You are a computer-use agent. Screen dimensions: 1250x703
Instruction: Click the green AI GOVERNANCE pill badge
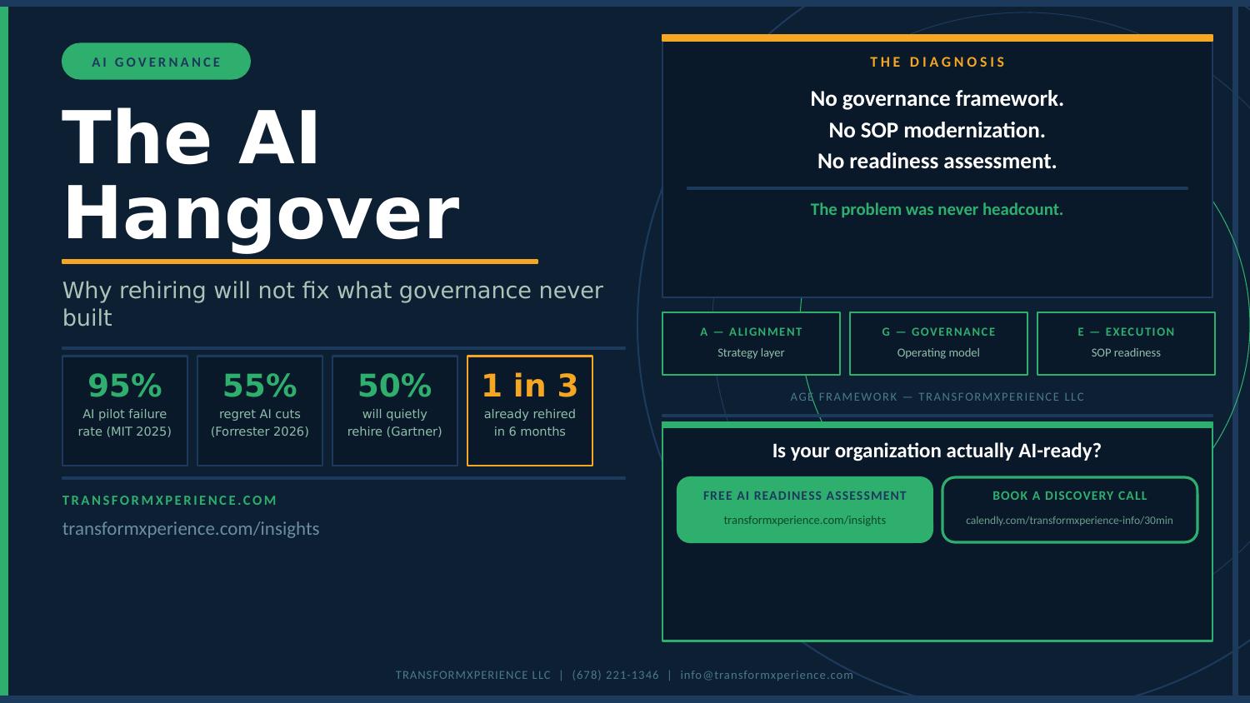point(157,62)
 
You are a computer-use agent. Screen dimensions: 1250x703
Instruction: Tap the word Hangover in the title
point(262,215)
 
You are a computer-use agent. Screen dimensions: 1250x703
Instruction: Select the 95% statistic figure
point(125,386)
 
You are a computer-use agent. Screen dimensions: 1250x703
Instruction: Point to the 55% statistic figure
point(260,386)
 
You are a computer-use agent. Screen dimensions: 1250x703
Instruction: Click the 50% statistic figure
point(395,386)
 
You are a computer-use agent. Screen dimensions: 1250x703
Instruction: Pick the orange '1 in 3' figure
point(529,386)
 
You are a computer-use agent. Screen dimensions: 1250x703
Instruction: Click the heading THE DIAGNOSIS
point(937,62)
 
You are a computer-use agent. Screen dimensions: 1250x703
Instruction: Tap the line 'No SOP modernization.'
point(937,130)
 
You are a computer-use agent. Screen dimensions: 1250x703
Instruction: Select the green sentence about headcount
point(937,209)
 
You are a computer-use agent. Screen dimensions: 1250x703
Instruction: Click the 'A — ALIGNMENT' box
point(751,344)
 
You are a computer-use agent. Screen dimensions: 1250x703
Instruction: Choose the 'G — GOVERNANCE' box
point(938,344)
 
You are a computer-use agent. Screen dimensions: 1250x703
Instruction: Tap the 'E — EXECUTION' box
point(1126,344)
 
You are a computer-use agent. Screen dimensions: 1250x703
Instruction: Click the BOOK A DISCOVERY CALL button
point(1070,510)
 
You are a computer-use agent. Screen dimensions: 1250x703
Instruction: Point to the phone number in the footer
point(616,676)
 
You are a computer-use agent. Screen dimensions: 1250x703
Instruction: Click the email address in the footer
point(767,676)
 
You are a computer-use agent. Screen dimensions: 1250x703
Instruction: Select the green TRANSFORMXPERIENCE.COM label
point(170,501)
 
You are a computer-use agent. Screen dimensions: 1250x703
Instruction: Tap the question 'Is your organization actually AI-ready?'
point(937,451)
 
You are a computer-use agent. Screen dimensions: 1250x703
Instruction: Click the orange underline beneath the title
point(300,261)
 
